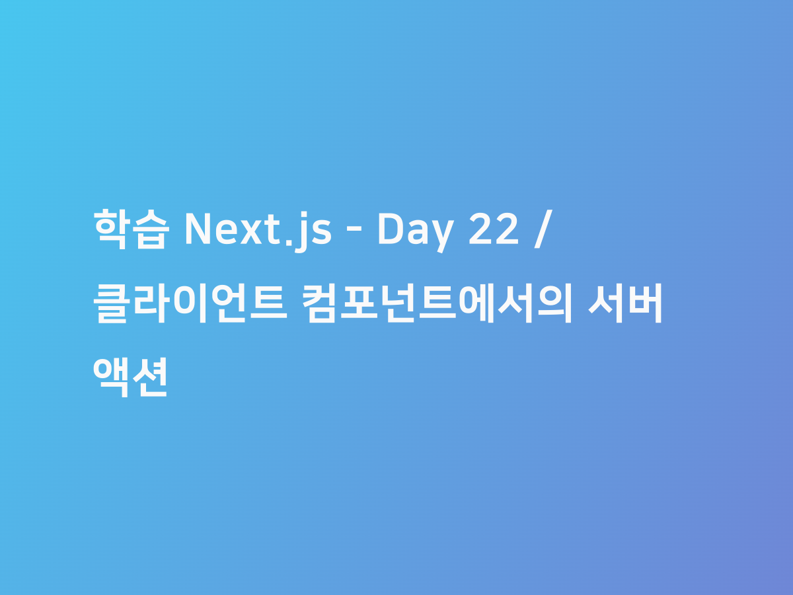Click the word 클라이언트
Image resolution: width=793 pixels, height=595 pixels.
(x=190, y=305)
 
